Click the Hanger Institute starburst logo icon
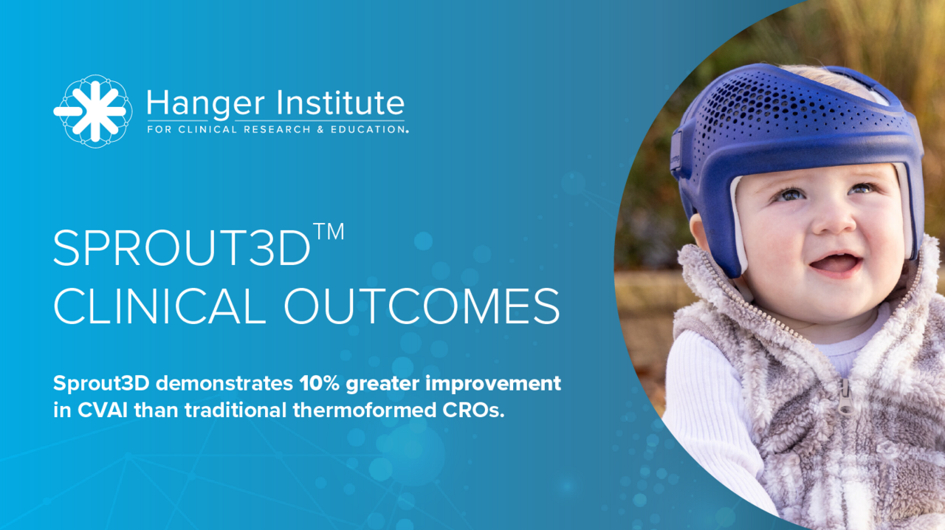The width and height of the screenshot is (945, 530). click(x=93, y=111)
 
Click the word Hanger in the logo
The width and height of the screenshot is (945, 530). click(x=206, y=104)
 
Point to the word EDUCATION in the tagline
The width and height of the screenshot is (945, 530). click(x=368, y=129)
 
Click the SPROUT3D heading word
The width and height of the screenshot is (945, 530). click(x=182, y=248)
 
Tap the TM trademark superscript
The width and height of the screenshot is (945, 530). click(x=329, y=232)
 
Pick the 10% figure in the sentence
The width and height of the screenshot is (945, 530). click(x=320, y=384)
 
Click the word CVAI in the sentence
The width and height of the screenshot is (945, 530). click(x=103, y=410)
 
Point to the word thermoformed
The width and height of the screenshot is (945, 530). click(x=365, y=410)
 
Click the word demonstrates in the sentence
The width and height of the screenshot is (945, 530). click(x=224, y=384)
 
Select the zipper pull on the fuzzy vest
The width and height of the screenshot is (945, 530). click(x=845, y=396)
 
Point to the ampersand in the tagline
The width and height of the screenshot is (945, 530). click(x=320, y=129)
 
